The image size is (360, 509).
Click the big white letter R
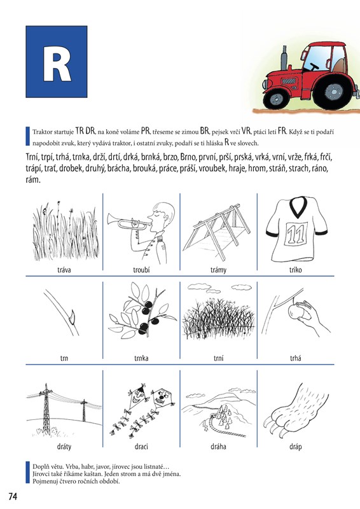tap(57, 64)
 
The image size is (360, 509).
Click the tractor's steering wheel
tap(314, 67)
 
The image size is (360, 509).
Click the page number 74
tap(13, 496)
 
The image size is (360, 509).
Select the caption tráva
tap(64, 270)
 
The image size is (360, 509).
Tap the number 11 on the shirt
tap(296, 233)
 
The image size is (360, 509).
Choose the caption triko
tap(295, 270)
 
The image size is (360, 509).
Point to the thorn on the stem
tap(72, 316)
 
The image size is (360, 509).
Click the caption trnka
tap(141, 358)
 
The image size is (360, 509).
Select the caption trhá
tap(295, 358)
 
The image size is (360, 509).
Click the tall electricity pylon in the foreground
tap(46, 410)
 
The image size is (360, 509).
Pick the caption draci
tap(141, 447)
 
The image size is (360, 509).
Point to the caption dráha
tap(218, 447)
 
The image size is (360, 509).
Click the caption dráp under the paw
tap(295, 447)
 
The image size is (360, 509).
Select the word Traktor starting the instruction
tap(41, 132)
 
